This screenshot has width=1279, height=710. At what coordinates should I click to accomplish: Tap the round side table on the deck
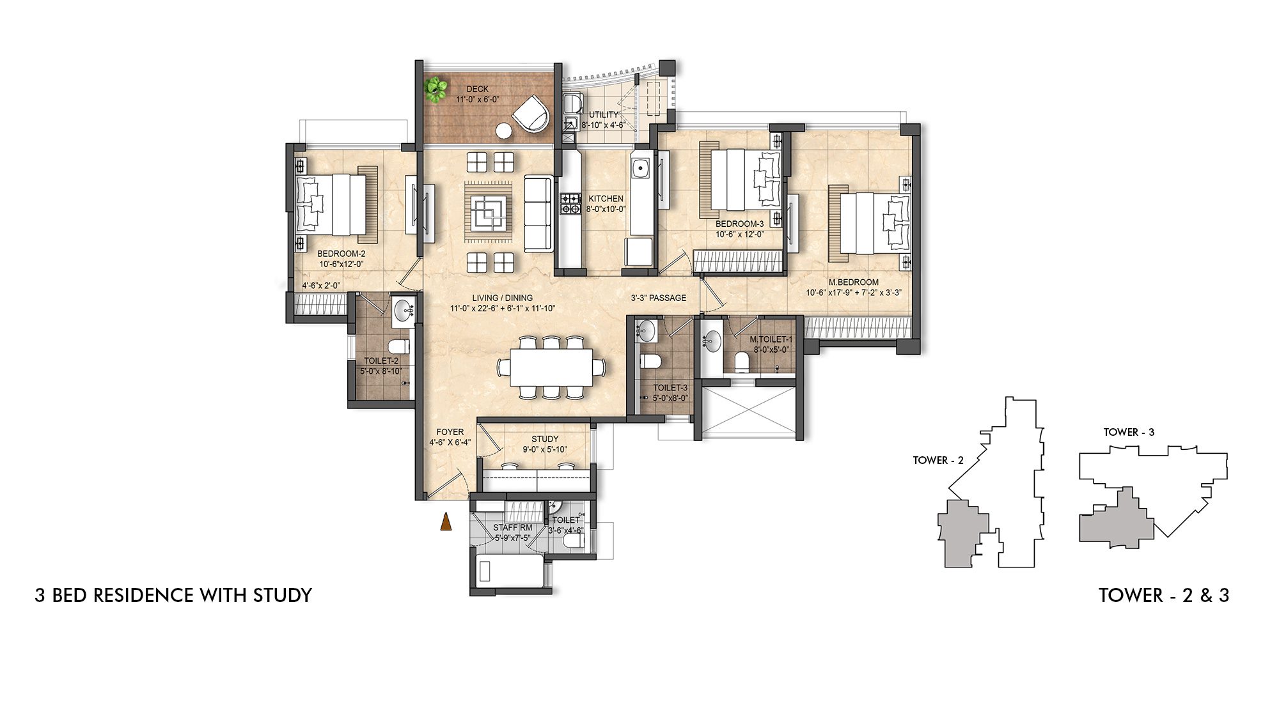click(504, 131)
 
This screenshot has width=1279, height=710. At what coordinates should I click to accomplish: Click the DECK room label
click(477, 89)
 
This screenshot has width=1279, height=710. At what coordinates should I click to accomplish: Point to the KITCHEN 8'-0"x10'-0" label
click(606, 203)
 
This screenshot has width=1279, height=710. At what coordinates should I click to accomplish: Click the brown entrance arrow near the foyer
click(445, 522)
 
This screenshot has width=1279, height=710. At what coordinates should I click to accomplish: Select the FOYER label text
click(450, 432)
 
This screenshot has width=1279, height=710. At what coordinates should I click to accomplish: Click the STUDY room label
click(545, 439)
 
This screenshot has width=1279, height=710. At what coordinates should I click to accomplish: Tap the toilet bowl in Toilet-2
click(399, 348)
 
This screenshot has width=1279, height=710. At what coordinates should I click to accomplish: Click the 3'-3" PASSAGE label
click(658, 298)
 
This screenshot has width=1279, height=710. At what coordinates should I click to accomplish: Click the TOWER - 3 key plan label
click(1129, 432)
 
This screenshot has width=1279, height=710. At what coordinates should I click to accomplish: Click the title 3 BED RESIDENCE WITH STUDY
click(173, 595)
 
